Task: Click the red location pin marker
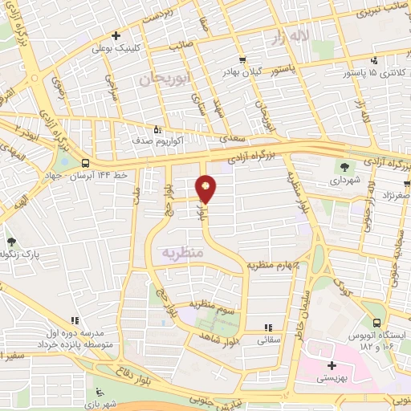tap(207, 189)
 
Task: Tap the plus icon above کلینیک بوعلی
tap(116, 35)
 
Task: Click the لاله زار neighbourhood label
tap(289, 37)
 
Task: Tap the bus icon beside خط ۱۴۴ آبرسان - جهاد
tap(86, 162)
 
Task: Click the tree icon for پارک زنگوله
tap(11, 241)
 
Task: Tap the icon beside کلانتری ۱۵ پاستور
tap(373, 60)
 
